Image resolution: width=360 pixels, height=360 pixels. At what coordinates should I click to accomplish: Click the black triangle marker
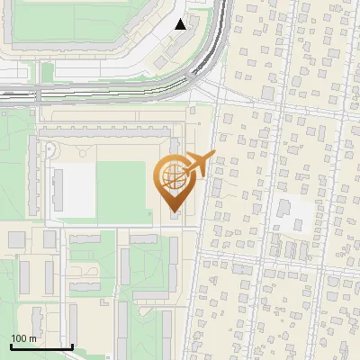[181, 24]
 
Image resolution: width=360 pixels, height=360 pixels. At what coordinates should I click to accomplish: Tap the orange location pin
[174, 184]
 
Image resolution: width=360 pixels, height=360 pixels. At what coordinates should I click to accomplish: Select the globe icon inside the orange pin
[174, 175]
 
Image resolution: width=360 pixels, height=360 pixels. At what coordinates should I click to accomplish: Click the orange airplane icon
[199, 164]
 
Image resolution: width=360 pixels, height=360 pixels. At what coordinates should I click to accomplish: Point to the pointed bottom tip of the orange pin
[174, 211]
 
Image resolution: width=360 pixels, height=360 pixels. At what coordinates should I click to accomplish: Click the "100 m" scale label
[23, 337]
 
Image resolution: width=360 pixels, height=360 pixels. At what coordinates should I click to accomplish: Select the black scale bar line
[41, 346]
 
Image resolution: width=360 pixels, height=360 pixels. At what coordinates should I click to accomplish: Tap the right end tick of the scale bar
[72, 345]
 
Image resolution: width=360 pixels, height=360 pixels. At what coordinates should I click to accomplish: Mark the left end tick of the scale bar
[11, 345]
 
